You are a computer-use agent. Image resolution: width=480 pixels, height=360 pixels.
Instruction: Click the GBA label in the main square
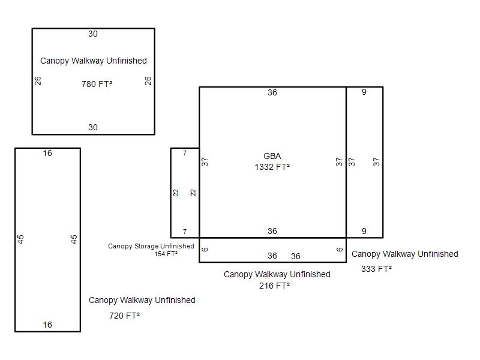click(272, 156)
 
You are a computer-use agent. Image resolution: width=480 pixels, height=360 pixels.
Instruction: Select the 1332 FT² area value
click(272, 167)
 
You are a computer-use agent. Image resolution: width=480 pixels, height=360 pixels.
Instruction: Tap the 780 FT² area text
click(97, 84)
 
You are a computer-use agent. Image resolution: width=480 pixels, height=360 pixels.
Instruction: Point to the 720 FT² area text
click(124, 316)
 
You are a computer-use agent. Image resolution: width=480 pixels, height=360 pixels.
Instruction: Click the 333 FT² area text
click(376, 269)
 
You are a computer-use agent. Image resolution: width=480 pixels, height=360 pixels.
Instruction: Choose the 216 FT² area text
click(274, 286)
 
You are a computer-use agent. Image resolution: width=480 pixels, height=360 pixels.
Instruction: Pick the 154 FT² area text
click(166, 254)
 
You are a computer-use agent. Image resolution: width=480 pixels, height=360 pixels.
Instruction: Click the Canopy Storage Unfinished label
click(151, 246)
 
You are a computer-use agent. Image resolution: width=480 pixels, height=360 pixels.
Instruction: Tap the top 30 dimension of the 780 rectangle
click(93, 34)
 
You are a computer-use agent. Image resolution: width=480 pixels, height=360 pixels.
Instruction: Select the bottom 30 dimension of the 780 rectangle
click(93, 127)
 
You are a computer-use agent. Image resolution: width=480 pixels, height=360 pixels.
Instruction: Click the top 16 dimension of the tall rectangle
click(47, 153)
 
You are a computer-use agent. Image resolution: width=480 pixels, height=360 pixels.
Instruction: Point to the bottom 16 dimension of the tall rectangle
click(47, 325)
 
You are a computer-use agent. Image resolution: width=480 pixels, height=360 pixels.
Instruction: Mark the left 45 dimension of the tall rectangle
click(20, 239)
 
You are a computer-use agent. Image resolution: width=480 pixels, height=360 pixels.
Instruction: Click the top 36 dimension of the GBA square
click(272, 92)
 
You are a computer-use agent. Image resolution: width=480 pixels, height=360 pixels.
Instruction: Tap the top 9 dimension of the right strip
click(364, 92)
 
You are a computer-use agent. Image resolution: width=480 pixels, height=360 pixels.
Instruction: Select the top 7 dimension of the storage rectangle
click(185, 153)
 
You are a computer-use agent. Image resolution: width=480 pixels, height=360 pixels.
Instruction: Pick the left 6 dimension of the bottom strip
click(205, 249)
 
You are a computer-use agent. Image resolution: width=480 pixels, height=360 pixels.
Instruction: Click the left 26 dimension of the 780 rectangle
click(38, 81)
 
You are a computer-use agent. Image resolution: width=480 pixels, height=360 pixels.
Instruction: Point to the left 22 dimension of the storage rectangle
click(176, 193)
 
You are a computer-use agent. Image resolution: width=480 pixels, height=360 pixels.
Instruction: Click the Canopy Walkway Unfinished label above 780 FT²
click(94, 61)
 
